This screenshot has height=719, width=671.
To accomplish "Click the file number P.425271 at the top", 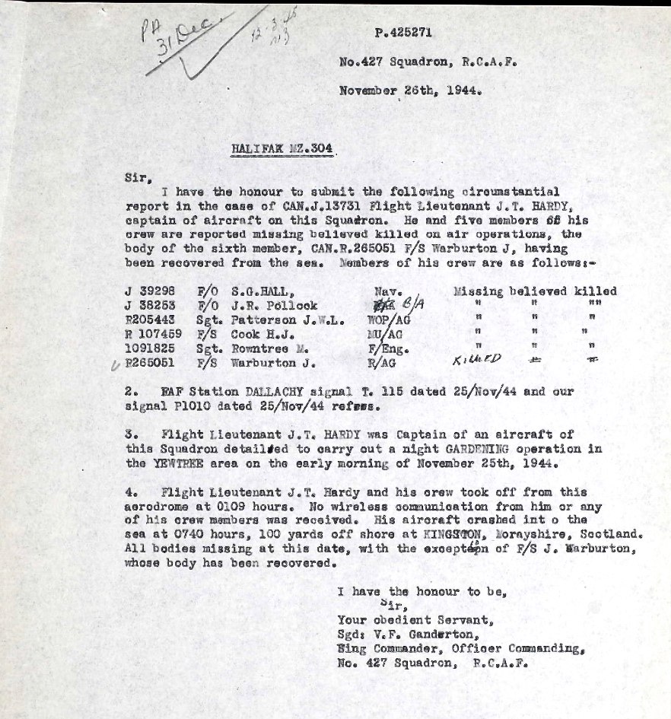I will [409, 33].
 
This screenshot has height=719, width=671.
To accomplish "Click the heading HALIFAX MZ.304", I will [281, 150].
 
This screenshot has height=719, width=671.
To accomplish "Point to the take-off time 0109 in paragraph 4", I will [258, 506].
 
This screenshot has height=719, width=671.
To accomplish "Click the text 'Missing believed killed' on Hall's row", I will [534, 291].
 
